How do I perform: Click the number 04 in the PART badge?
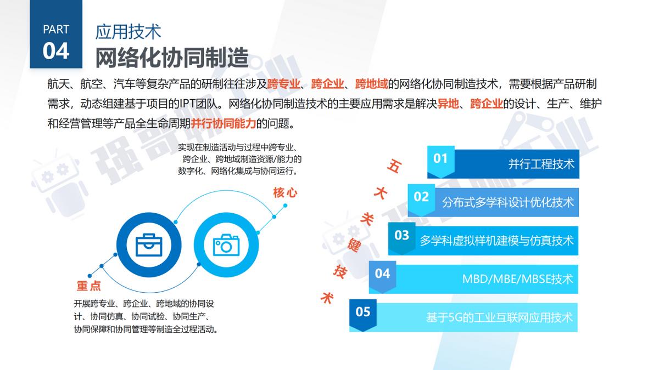56,51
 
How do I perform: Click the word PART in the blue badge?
56,30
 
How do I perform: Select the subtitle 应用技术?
129,31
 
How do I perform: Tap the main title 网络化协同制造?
172,57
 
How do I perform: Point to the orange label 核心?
285,192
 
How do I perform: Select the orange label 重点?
88,286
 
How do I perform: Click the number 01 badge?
440,159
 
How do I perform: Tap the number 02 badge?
421,197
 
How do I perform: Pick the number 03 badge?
401,235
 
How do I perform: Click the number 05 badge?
363,312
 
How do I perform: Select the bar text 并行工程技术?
541,164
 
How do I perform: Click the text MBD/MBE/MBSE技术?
517,279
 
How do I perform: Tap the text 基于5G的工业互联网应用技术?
499,317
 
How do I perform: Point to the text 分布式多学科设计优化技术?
508,202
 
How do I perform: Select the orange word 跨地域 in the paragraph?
372,84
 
